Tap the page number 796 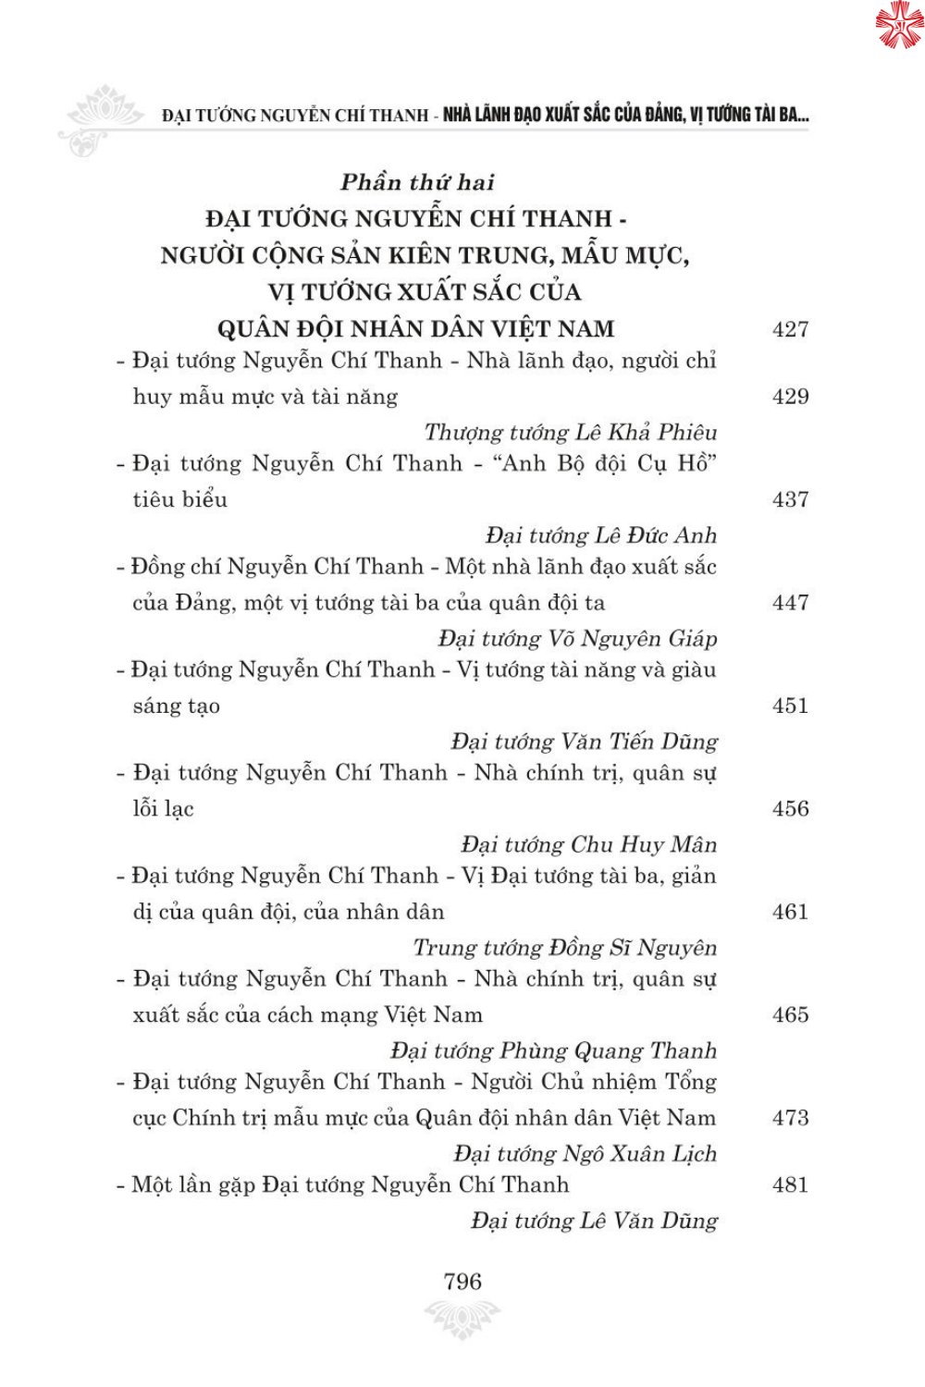coord(462,1281)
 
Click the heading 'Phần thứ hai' coord(417,182)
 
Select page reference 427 coord(790,329)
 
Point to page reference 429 coord(790,397)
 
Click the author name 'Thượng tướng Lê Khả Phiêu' coord(571,432)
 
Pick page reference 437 coord(790,499)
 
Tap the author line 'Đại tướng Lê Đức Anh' coord(601,535)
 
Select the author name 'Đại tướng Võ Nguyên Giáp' coord(578,638)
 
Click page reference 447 coord(790,603)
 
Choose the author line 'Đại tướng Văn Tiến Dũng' coord(585,742)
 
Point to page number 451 coord(790,706)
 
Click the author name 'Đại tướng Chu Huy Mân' coord(589,844)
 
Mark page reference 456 coord(790,808)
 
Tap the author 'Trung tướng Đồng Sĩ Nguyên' coord(565,948)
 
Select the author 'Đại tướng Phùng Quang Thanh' coord(554,1050)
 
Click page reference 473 coord(790,1118)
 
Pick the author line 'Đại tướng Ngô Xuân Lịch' coord(586,1153)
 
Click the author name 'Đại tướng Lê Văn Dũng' coord(594,1221)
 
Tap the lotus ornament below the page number coord(462,1318)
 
